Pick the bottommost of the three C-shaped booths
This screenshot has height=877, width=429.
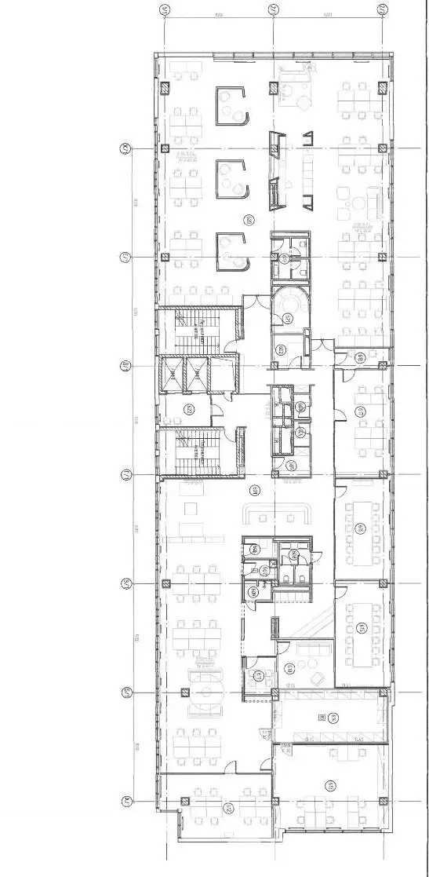click(x=231, y=252)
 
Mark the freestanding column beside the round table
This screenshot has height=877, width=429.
click(x=184, y=692)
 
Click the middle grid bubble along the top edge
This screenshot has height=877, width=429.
click(x=274, y=10)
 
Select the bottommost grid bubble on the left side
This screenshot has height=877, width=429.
click(x=124, y=802)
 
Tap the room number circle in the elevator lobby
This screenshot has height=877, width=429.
click(x=189, y=409)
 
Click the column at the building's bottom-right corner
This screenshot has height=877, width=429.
click(x=382, y=801)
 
